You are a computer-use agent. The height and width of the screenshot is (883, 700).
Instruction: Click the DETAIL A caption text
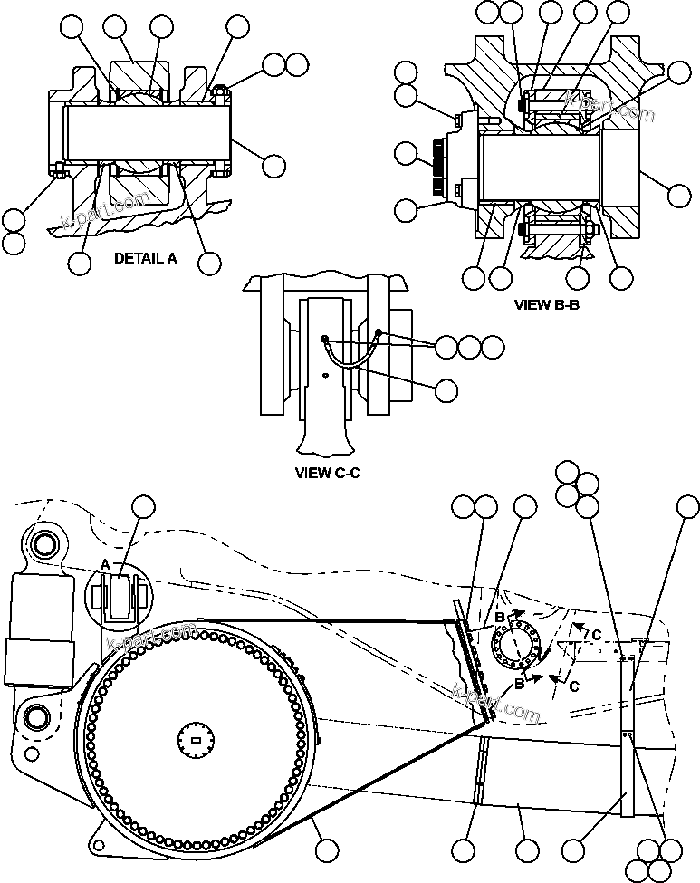(x=145, y=258)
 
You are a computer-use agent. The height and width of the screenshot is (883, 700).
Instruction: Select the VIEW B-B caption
(x=546, y=305)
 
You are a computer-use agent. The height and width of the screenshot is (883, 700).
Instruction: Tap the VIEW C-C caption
(x=328, y=472)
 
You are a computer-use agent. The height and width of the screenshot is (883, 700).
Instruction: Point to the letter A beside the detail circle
(x=106, y=564)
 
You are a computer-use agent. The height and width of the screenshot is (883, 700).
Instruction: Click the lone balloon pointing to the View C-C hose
(x=446, y=390)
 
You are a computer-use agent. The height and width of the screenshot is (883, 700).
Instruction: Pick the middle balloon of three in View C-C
(x=469, y=346)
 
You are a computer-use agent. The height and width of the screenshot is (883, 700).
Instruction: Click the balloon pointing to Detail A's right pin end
(x=273, y=165)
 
